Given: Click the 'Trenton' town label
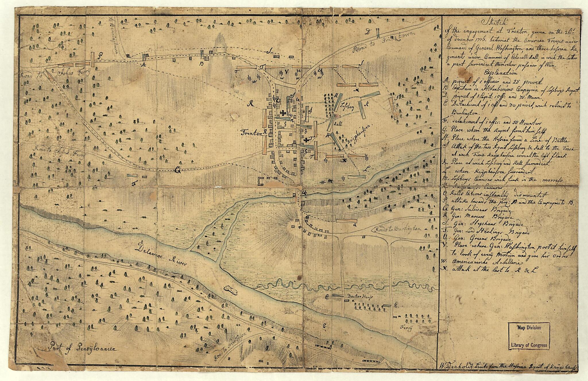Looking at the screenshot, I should point(252,133).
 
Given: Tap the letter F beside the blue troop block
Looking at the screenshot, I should point(134,183).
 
